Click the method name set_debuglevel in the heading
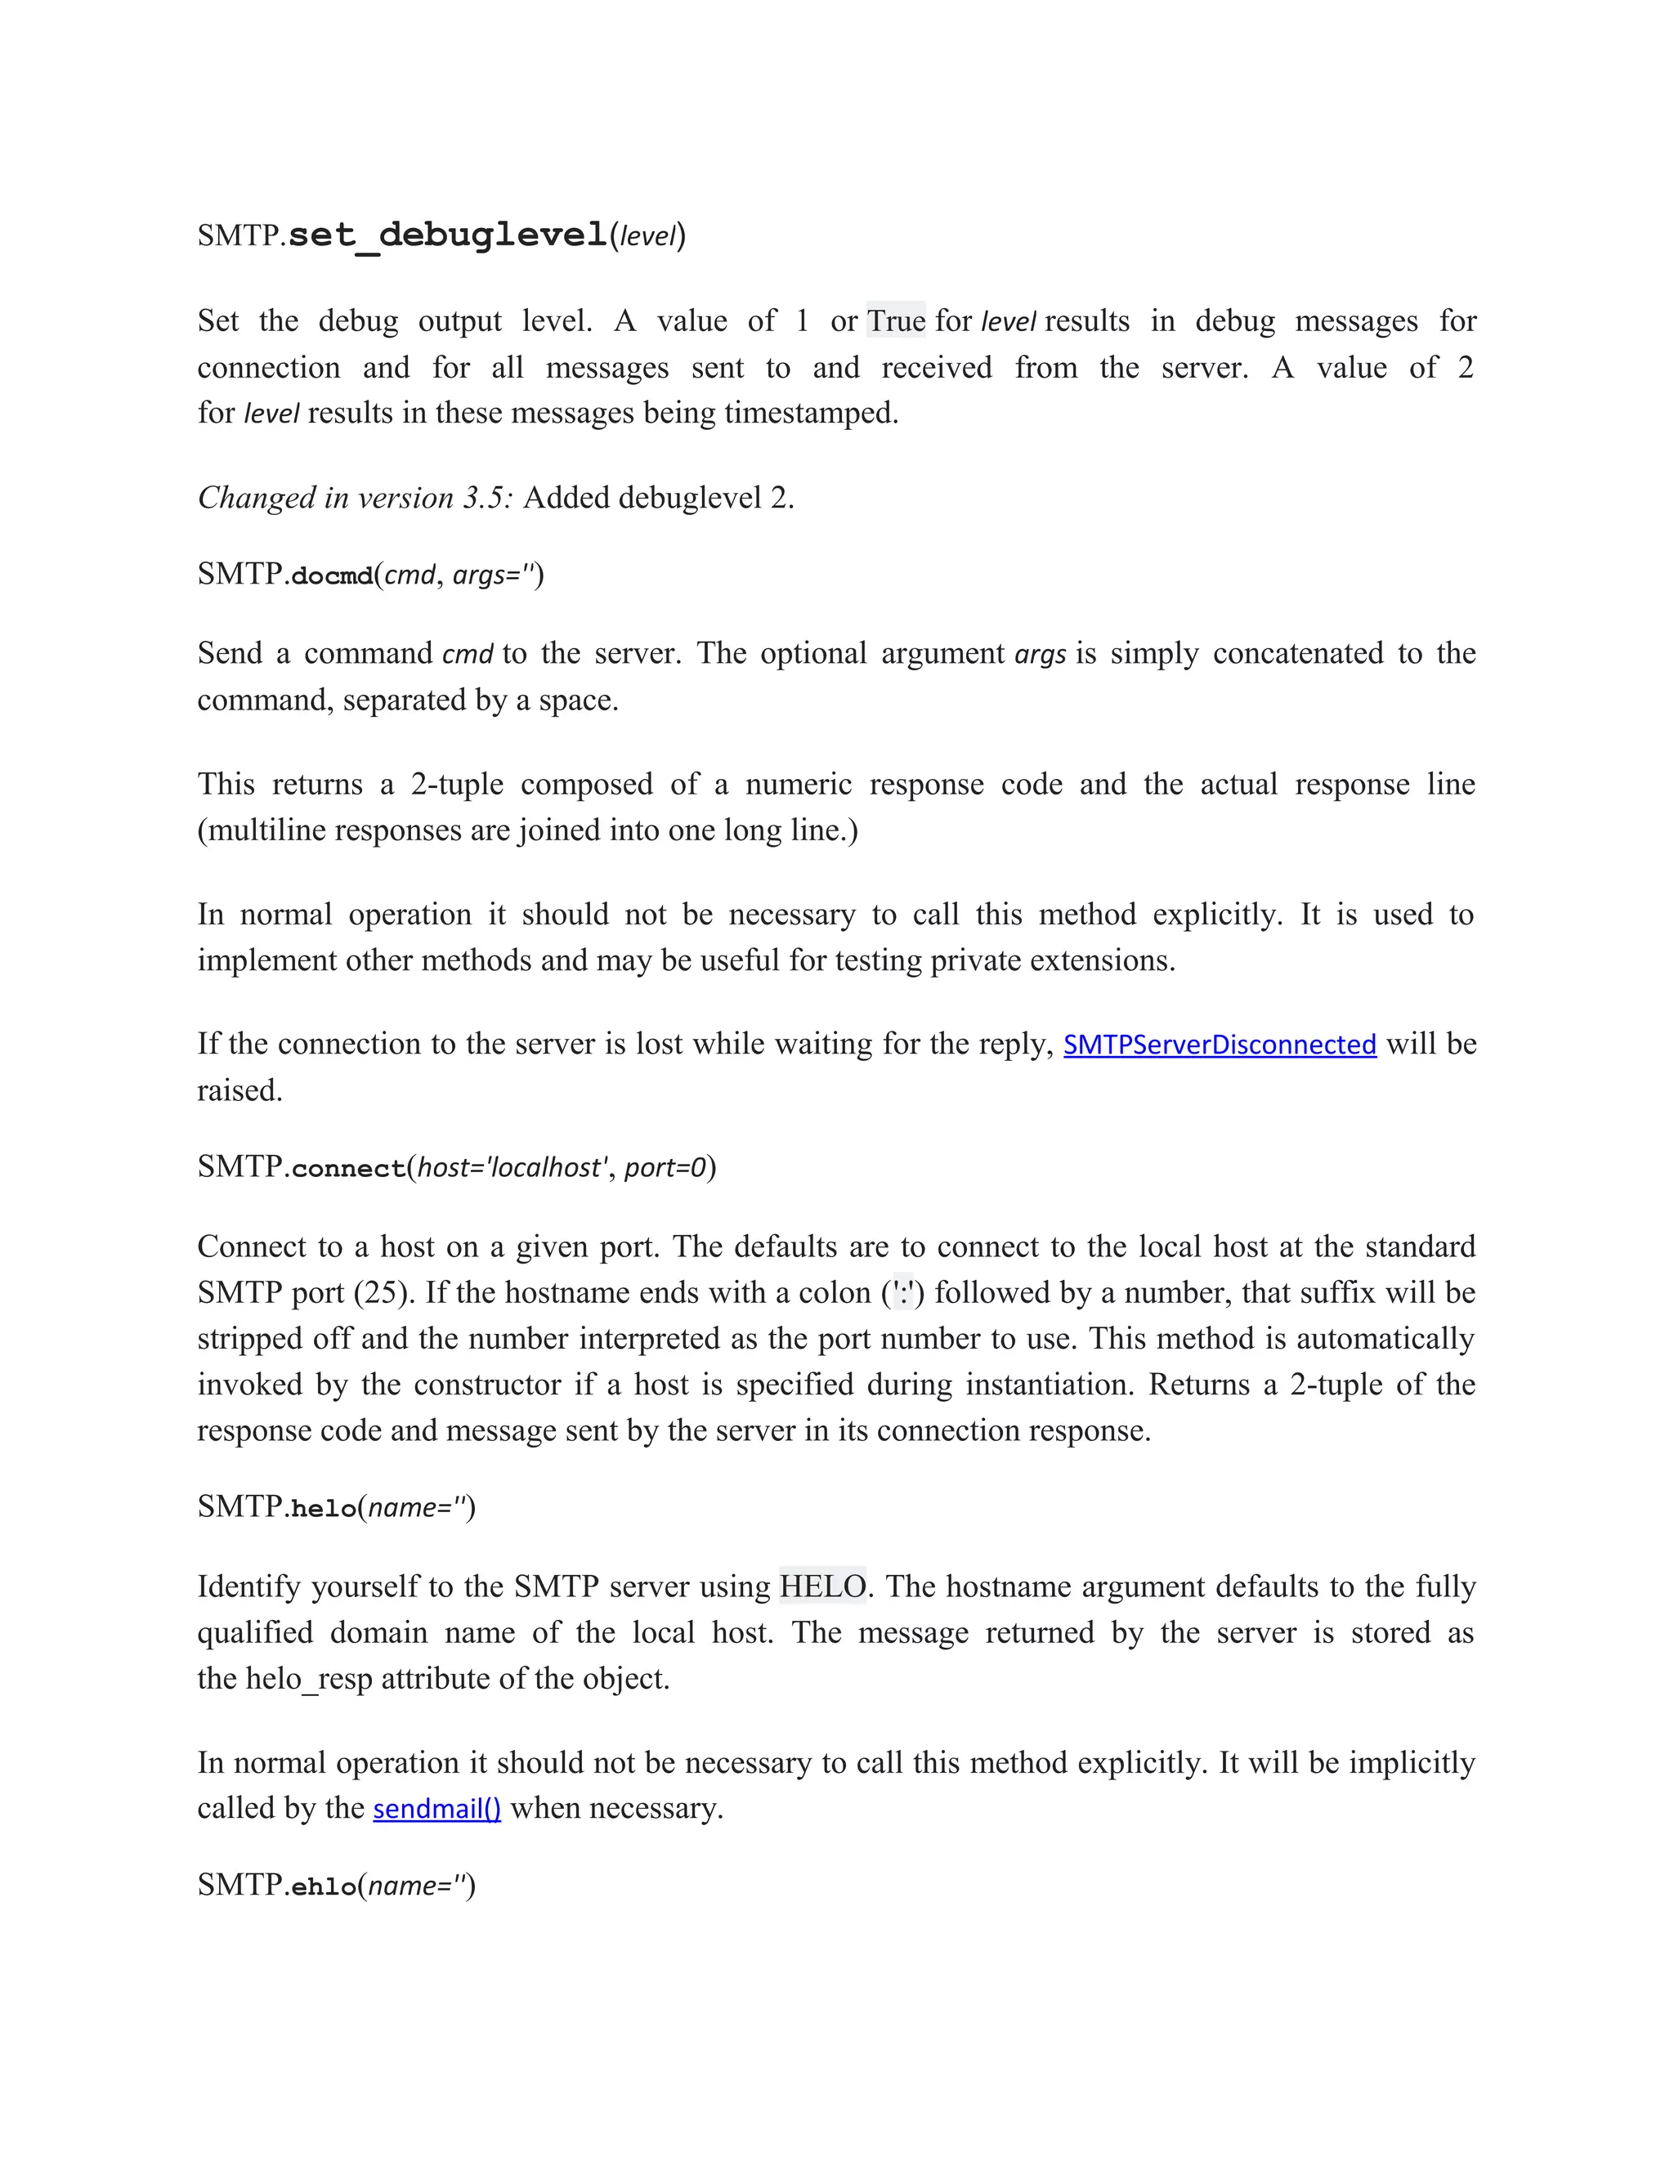coord(447,235)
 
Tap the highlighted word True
coord(896,320)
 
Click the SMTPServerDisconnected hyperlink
coord(1219,1045)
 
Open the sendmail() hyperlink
coord(436,1808)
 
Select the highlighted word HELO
coord(822,1586)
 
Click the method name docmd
coord(331,575)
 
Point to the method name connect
coord(348,1167)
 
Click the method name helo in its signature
coord(324,1509)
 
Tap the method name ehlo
coord(324,1886)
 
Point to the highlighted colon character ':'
coord(902,1292)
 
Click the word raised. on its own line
coord(240,1090)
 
